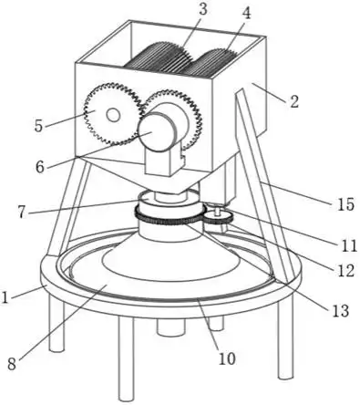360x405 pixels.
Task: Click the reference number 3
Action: click(x=202, y=9)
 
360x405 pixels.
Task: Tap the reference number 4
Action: click(x=246, y=14)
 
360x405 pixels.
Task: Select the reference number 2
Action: click(x=293, y=101)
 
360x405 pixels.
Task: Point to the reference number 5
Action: click(x=38, y=126)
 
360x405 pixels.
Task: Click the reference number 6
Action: click(x=40, y=167)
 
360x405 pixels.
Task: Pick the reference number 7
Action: click(x=22, y=213)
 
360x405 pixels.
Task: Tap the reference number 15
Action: click(x=345, y=204)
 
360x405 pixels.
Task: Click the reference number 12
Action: click(x=345, y=270)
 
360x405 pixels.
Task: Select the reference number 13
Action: click(x=340, y=311)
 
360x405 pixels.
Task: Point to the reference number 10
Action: click(x=227, y=359)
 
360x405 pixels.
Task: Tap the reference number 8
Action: click(x=12, y=364)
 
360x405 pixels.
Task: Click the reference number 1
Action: click(x=5, y=297)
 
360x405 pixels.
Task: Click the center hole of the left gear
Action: click(x=113, y=116)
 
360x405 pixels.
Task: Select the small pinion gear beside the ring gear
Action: click(x=218, y=218)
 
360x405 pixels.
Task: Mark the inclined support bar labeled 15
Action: click(x=262, y=185)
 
